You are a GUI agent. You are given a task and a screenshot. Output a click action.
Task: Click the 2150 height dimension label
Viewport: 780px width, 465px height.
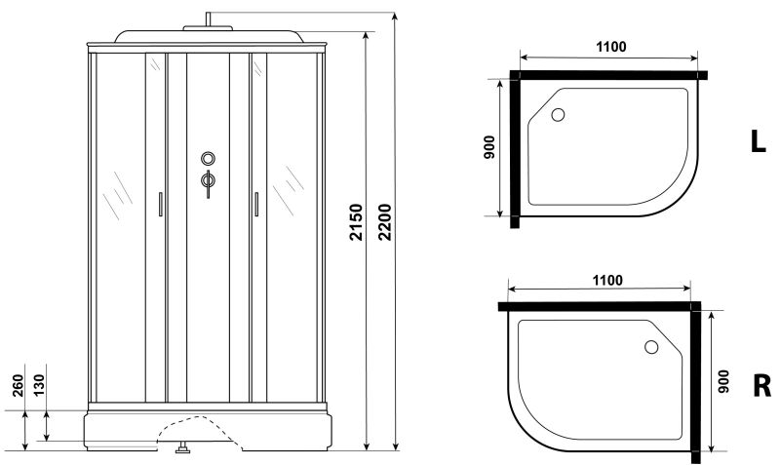pos(356,222)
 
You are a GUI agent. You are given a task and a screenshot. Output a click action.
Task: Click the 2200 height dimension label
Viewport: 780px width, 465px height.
pos(385,222)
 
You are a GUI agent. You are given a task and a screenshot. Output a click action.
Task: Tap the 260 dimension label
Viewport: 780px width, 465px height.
pos(18,385)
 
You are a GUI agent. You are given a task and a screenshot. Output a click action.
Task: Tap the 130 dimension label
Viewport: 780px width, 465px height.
pos(39,385)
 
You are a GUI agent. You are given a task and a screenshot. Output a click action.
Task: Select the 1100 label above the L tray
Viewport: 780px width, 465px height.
pos(611,47)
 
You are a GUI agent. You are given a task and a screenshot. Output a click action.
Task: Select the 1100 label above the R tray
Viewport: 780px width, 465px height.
pos(607,281)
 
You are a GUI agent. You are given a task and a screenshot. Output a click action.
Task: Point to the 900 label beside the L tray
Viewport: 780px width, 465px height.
pos(489,147)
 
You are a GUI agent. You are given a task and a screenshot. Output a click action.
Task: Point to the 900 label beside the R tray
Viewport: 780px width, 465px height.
pos(723,381)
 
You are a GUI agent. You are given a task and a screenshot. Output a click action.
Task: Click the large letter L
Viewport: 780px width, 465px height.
pos(758,141)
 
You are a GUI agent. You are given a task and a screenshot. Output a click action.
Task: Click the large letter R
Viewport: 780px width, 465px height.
pos(761,386)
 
